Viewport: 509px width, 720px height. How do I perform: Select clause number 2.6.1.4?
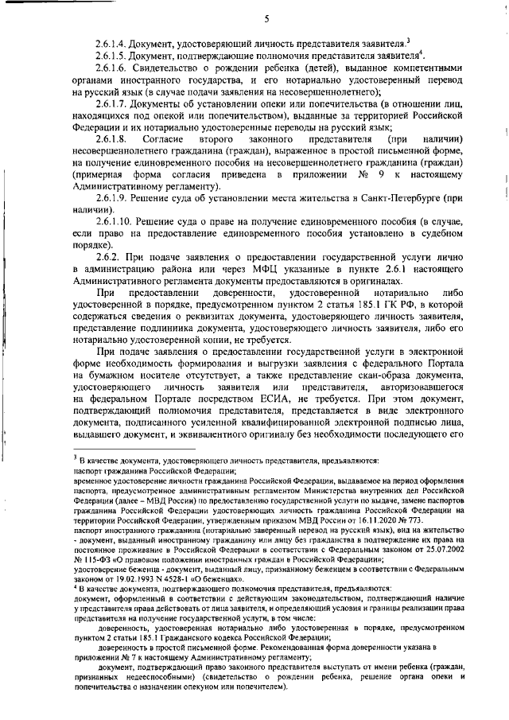[113, 42]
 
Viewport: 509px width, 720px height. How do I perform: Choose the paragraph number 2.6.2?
[109, 256]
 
